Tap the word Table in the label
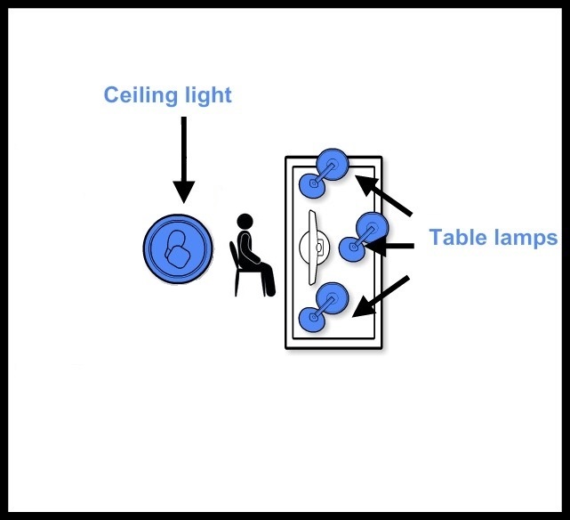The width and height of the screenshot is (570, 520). pyautogui.click(x=459, y=238)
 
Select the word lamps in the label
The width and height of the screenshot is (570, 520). pyautogui.click(x=528, y=238)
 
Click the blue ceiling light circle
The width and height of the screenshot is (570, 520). pyautogui.click(x=179, y=247)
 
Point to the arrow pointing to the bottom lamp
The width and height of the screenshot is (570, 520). pyautogui.click(x=381, y=295)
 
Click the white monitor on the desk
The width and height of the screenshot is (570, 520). pyautogui.click(x=314, y=248)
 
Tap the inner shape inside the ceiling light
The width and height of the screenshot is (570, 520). pyautogui.click(x=180, y=248)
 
